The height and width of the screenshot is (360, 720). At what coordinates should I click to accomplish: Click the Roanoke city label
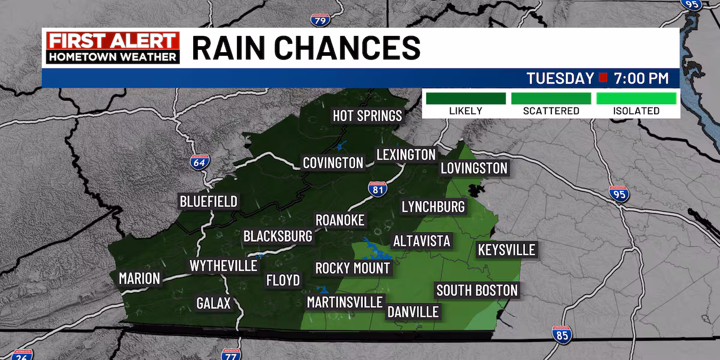click(340, 220)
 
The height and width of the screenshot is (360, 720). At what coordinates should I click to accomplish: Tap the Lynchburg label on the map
click(433, 207)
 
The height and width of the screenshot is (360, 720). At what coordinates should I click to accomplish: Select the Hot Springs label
click(367, 115)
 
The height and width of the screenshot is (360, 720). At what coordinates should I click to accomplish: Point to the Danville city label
click(413, 312)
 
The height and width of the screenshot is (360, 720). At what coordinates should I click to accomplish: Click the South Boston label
click(477, 291)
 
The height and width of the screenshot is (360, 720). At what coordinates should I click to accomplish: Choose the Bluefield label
click(209, 202)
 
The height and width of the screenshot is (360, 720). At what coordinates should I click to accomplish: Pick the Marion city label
click(139, 278)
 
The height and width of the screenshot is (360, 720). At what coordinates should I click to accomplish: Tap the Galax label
click(214, 304)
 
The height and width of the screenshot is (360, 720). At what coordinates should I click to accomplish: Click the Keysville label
click(506, 250)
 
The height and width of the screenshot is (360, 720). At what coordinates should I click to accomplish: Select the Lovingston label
click(474, 168)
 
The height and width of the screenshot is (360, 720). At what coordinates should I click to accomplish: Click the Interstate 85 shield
click(562, 335)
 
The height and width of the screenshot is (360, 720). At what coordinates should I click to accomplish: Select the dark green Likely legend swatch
click(465, 98)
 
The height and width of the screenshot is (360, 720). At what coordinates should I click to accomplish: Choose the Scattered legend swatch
click(551, 98)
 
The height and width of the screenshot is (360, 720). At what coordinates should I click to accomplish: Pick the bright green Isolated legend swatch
click(637, 98)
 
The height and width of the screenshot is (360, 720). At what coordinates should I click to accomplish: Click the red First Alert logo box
click(113, 41)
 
